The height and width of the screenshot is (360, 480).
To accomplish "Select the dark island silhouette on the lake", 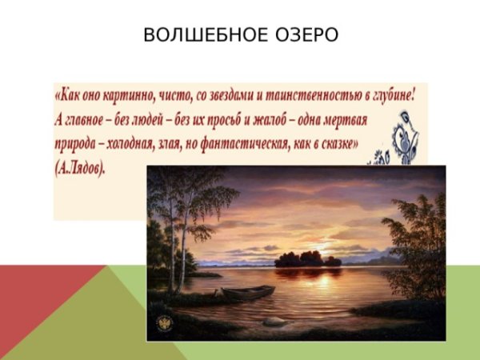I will [306, 258].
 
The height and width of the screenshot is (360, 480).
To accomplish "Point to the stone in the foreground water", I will [274, 322].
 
